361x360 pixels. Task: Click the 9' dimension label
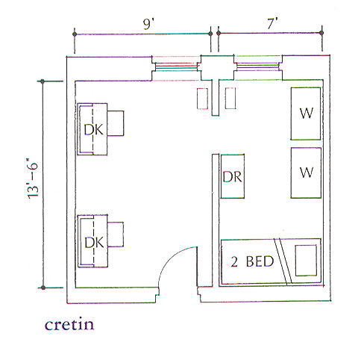pos(148,24)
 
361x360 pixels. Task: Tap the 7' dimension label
pos(272,24)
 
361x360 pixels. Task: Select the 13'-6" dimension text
pos(33,178)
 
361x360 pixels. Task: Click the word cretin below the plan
pos(69,324)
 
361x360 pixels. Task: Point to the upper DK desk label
pos(93,130)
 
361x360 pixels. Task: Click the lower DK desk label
pos(94,242)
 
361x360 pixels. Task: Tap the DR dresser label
pos(232,176)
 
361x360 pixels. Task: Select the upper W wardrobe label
pos(306,113)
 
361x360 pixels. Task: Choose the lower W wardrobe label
pos(306,172)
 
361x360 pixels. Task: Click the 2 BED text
pos(252,261)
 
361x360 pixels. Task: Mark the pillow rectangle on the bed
pos(306,261)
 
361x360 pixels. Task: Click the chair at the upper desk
pos(116,123)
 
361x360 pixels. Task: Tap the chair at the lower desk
pos(116,235)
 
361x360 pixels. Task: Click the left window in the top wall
pos(176,67)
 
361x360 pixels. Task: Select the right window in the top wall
pos(258,66)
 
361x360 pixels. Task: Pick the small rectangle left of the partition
pos(202,99)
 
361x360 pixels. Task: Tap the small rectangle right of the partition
pos(230,98)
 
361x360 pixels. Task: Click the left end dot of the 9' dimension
pos(75,34)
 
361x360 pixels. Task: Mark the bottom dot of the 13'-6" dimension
pos(43,288)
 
